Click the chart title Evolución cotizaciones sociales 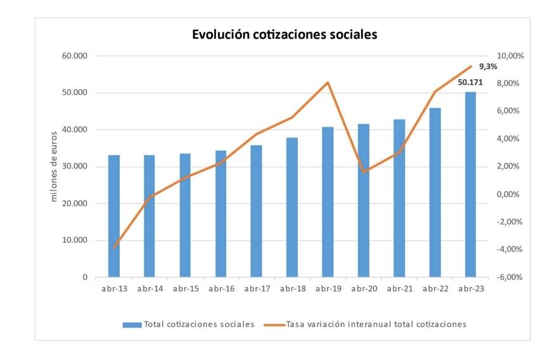pyautogui.click(x=285, y=35)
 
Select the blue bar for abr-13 pyautogui.click(x=114, y=215)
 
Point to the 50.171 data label pyautogui.click(x=470, y=82)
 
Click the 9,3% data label pyautogui.click(x=487, y=67)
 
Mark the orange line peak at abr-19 pyautogui.click(x=328, y=82)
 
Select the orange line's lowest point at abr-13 pyautogui.click(x=114, y=247)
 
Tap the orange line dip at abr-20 pyautogui.click(x=363, y=172)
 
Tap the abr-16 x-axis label pyautogui.click(x=221, y=289)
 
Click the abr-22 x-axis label pyautogui.click(x=435, y=289)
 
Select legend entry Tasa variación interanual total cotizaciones pyautogui.click(x=376, y=324)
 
